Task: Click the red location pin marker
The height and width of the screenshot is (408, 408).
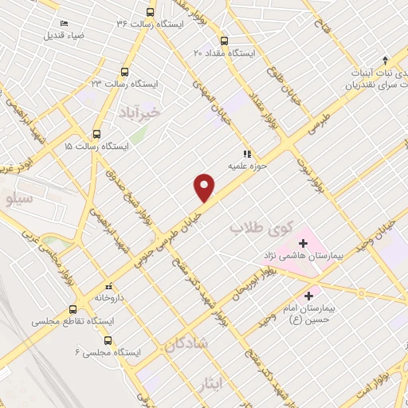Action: (205, 187)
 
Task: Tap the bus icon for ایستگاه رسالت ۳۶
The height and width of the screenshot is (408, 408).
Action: (151, 12)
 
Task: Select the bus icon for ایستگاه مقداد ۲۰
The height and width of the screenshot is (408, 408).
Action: (223, 41)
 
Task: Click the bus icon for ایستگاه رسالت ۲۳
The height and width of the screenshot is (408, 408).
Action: (124, 71)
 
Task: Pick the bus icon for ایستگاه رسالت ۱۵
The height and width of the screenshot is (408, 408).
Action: (96, 135)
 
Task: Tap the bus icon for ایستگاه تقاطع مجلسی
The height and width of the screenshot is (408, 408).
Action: (73, 309)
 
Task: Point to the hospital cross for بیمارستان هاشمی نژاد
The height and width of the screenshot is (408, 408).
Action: (302, 242)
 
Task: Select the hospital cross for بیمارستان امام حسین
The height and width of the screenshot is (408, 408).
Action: (308, 296)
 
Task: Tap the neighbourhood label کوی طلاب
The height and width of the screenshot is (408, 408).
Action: (258, 228)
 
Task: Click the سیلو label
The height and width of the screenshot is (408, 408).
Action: (18, 198)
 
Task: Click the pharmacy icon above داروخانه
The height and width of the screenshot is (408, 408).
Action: (109, 285)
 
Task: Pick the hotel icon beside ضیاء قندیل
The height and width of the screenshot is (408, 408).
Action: (64, 24)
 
